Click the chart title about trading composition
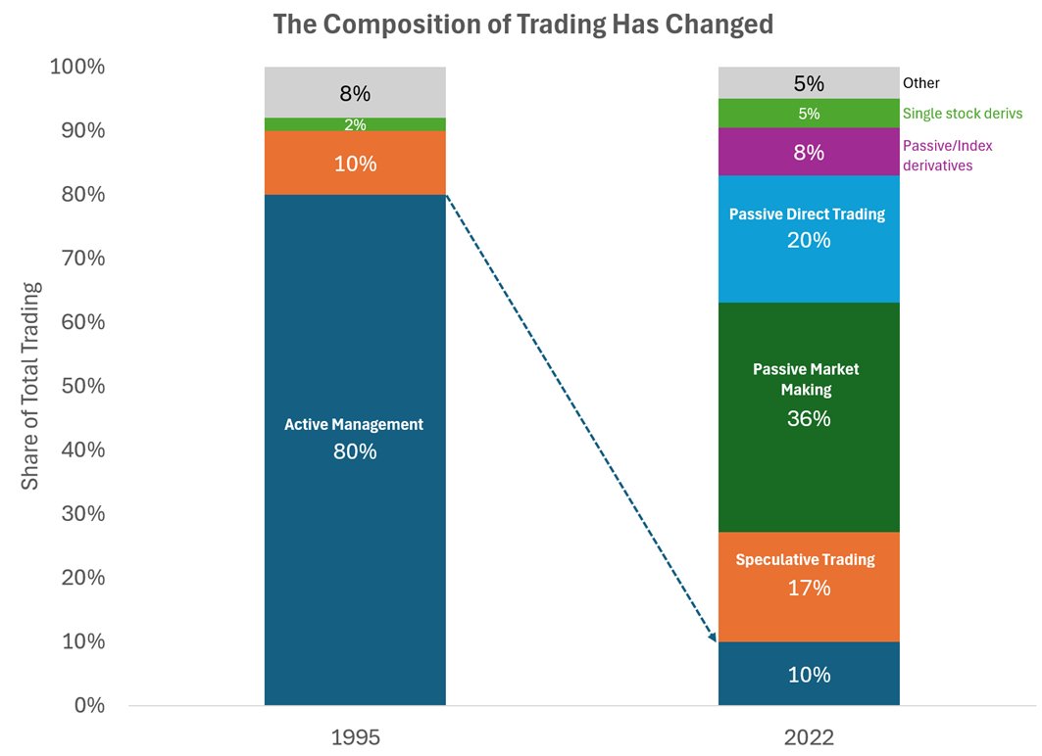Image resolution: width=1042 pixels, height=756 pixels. click(522, 24)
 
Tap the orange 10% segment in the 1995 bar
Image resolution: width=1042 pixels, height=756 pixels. click(354, 163)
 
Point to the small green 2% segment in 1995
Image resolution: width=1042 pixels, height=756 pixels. click(354, 124)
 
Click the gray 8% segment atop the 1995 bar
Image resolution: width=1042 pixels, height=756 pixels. click(354, 93)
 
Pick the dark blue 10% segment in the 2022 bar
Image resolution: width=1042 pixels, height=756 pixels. click(809, 674)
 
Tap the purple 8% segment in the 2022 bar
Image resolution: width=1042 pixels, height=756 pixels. click(809, 152)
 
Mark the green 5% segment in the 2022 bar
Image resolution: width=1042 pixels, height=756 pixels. click(809, 114)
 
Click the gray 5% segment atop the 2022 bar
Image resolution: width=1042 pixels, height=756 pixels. click(809, 83)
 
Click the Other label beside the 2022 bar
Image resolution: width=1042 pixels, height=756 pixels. click(920, 83)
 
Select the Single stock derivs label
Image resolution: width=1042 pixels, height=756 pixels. click(962, 114)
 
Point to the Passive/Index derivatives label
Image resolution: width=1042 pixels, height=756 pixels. click(947, 155)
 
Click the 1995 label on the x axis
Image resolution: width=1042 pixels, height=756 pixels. click(354, 736)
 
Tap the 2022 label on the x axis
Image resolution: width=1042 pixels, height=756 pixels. click(809, 736)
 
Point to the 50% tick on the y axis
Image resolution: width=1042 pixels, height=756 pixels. click(76, 386)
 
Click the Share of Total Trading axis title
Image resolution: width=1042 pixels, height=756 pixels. click(31, 386)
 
